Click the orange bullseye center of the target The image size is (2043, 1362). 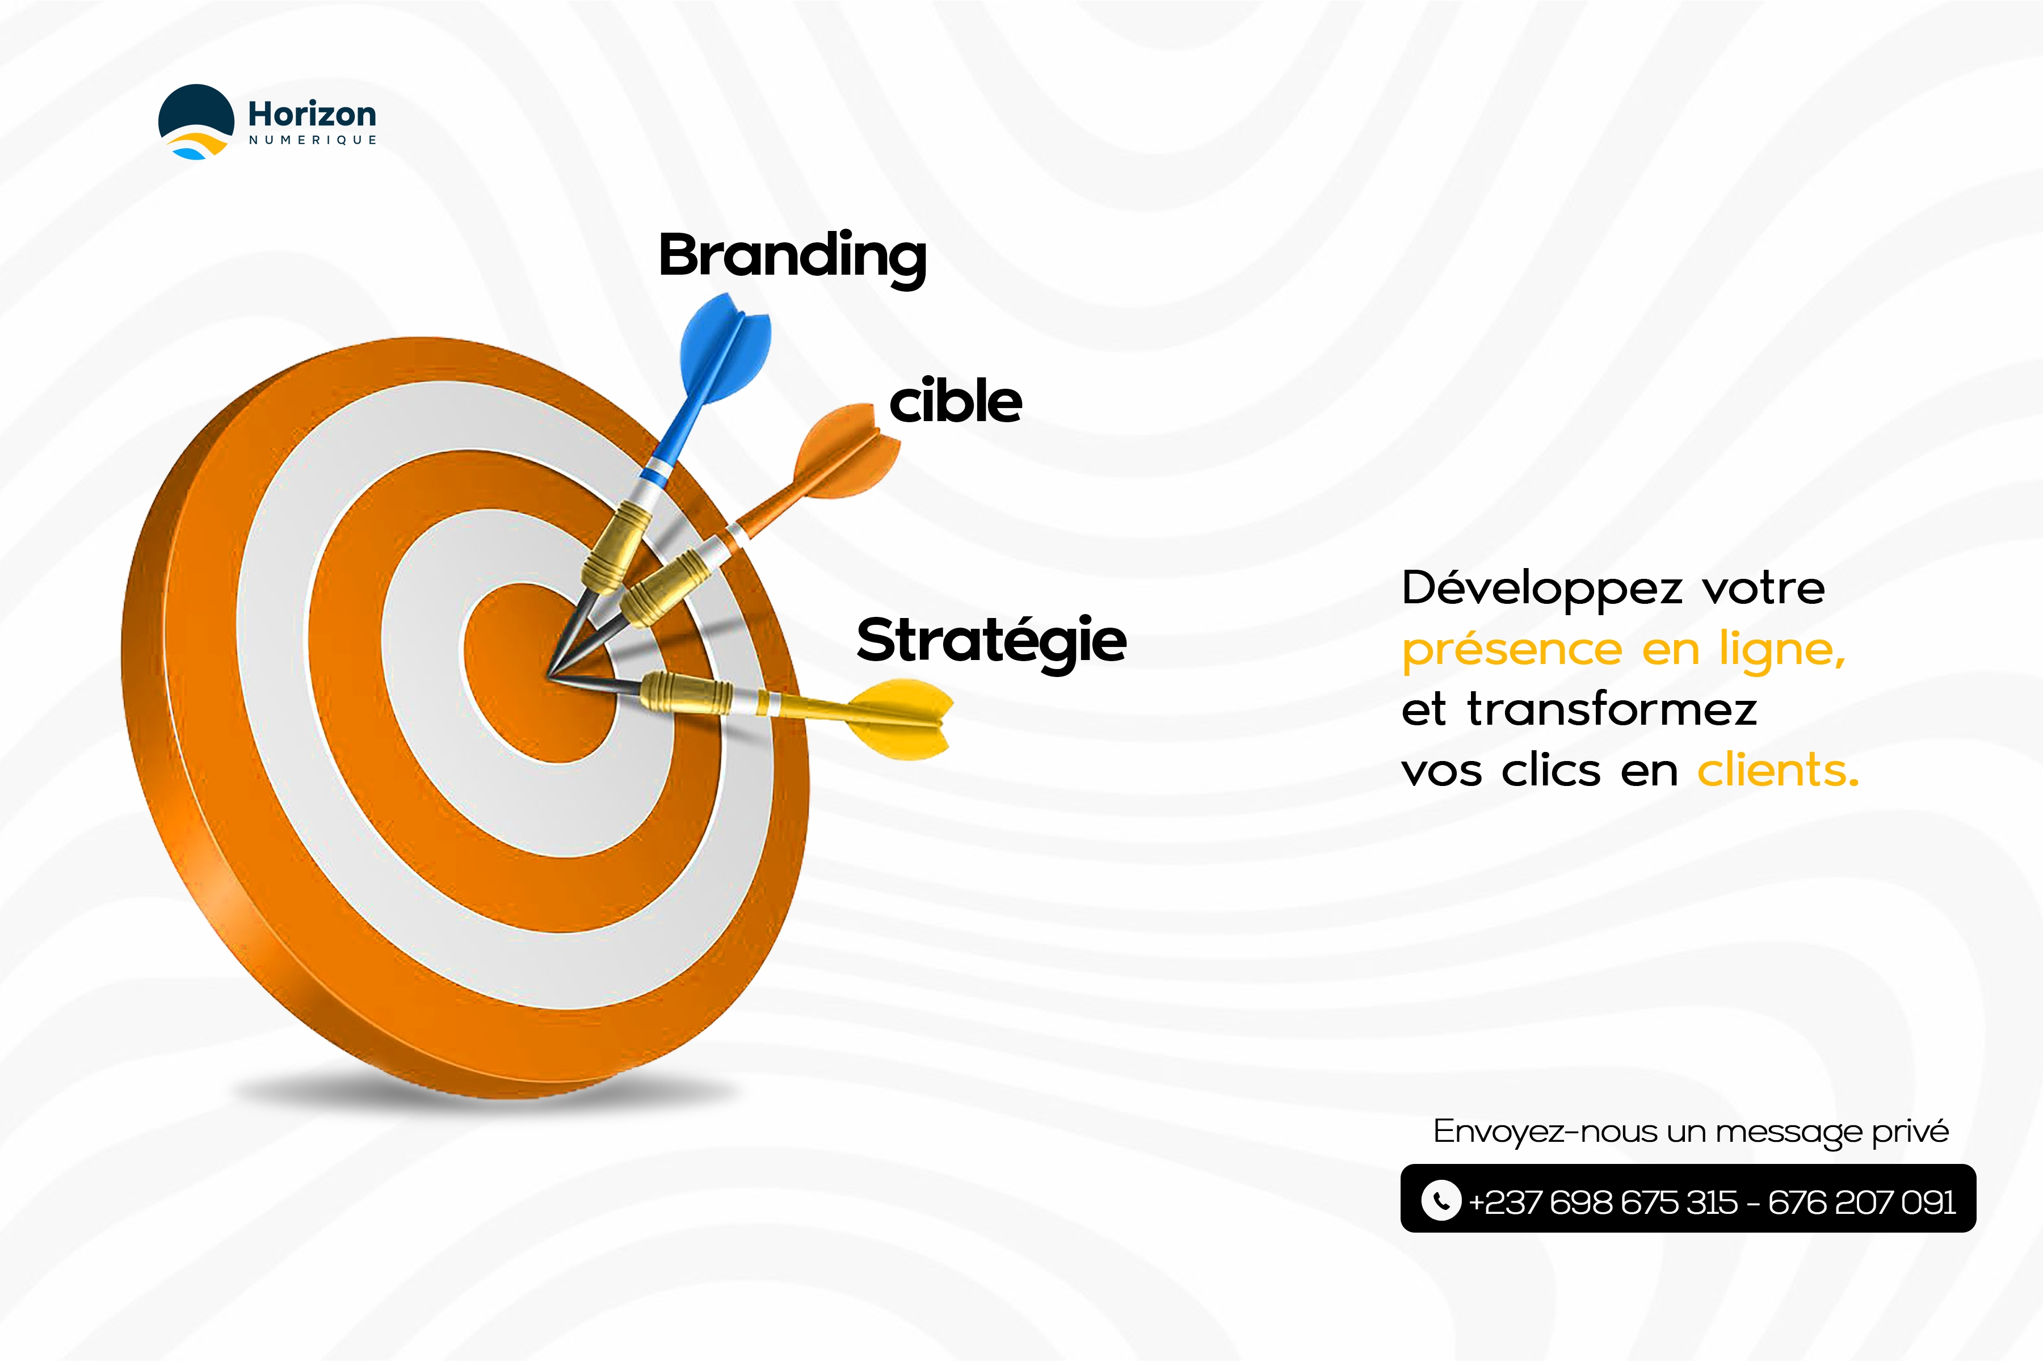[539, 673]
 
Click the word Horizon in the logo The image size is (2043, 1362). [312, 114]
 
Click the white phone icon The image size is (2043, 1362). [1441, 1200]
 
